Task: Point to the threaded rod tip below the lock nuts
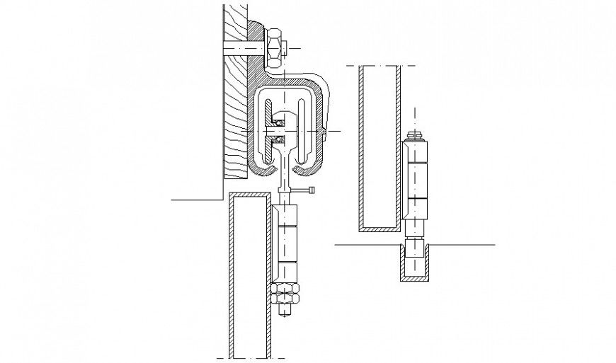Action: coord(286,311)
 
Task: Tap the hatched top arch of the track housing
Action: coord(287,76)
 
